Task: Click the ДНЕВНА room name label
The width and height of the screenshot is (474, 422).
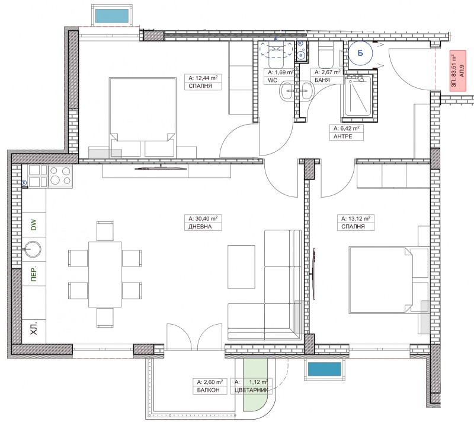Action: tap(200, 227)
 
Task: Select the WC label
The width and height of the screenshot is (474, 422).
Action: tap(273, 80)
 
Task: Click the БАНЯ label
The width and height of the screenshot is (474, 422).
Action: tap(322, 80)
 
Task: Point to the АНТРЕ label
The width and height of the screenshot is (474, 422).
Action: tap(343, 137)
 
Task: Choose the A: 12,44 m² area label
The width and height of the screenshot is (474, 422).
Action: tap(203, 78)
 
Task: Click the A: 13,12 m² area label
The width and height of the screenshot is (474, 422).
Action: tap(355, 218)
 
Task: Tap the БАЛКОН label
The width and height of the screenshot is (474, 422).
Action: tap(208, 390)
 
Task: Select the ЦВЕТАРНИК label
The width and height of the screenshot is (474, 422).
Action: tap(251, 390)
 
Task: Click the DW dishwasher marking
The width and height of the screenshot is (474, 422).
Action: tap(34, 225)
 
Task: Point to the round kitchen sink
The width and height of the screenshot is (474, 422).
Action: tap(33, 249)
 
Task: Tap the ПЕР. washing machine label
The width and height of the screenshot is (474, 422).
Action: tap(34, 274)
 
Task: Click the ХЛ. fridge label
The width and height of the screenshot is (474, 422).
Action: tap(34, 328)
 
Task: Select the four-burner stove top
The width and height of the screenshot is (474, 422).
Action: tap(60, 176)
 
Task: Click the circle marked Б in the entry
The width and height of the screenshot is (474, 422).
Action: tap(360, 53)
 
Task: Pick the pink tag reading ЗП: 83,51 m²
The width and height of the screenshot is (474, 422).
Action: tap(457, 71)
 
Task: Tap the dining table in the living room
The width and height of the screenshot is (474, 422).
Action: tap(105, 274)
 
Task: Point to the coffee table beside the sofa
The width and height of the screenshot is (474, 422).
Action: tap(241, 266)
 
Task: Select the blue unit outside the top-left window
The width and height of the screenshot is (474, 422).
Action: tap(112, 16)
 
